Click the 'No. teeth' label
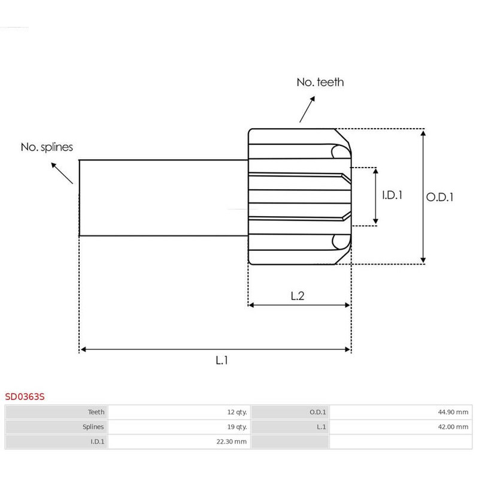tap(320, 82)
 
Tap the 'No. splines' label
tap(47, 147)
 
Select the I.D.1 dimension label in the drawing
tap(392, 195)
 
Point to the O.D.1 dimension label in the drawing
tap(439, 196)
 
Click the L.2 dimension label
tap(298, 295)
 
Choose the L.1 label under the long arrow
tap(222, 360)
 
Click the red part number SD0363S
tap(25, 396)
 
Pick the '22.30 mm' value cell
tap(232, 442)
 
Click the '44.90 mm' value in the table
tap(454, 412)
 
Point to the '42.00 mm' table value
tap(454, 427)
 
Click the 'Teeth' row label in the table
tap(96, 412)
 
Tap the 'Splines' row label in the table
tap(93, 427)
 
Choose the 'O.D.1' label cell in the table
tap(317, 412)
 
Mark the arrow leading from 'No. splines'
tap(62, 172)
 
